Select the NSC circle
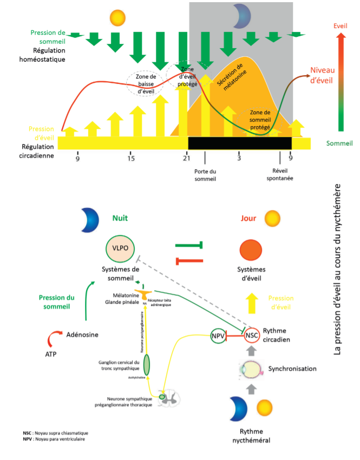[251, 336]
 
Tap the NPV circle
[218, 336]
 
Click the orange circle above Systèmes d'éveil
[254, 251]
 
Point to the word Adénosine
[82, 334]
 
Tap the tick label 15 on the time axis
[131, 158]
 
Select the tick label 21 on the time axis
[186, 158]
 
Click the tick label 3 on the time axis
[238, 158]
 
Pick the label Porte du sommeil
[205, 175]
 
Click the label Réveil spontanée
[279, 175]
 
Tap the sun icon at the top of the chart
[117, 17]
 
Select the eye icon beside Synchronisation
[251, 370]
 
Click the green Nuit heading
[120, 219]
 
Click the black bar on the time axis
[239, 143]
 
